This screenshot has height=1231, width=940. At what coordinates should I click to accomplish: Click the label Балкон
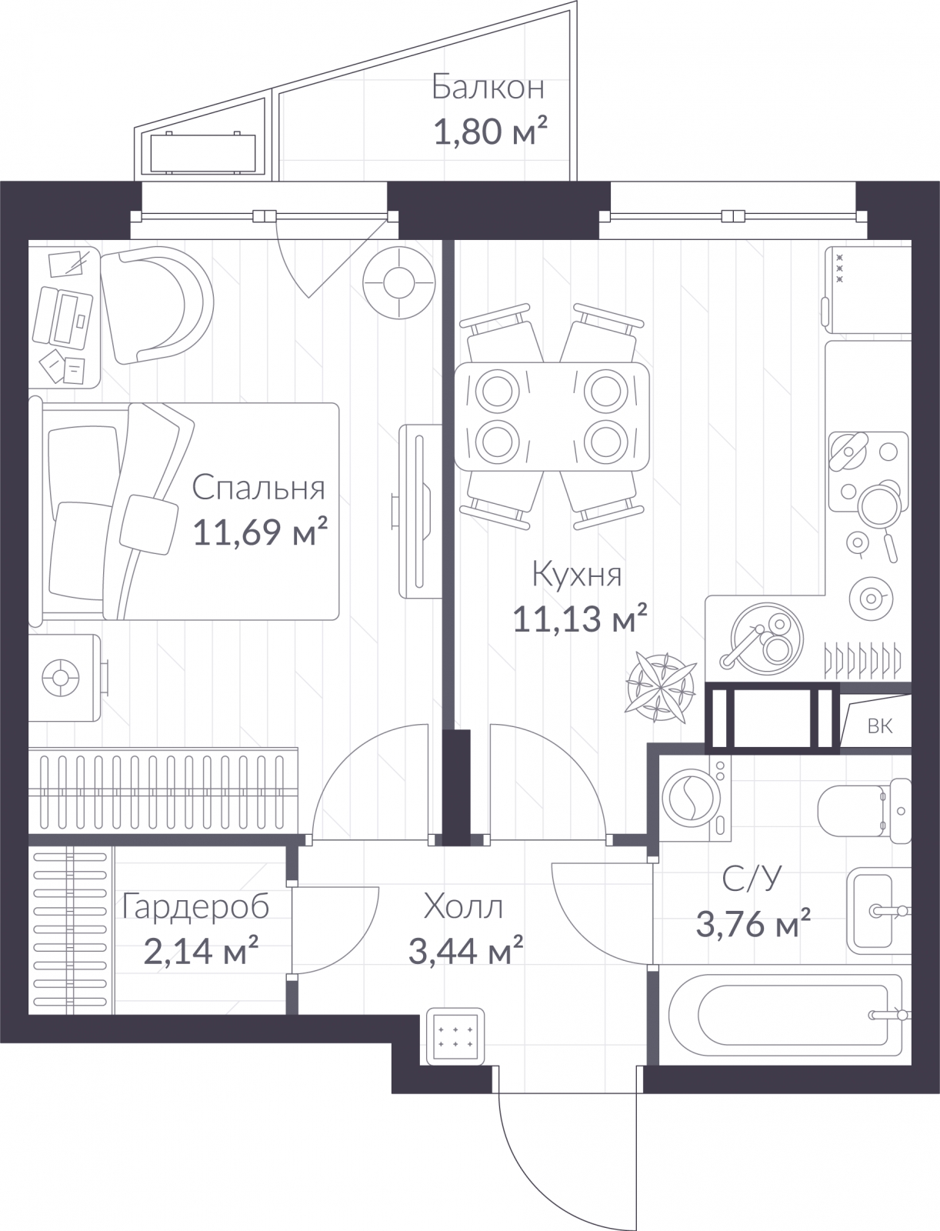click(x=488, y=88)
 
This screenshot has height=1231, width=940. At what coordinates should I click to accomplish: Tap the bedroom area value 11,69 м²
click(x=259, y=532)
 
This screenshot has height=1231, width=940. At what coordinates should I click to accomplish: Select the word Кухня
click(x=577, y=575)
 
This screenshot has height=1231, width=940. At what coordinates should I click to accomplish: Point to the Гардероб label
click(x=195, y=907)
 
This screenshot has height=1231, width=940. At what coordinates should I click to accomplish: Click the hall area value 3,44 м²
click(x=466, y=951)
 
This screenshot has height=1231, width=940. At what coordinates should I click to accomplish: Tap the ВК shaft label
click(x=879, y=726)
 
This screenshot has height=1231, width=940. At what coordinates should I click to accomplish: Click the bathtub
click(x=785, y=1014)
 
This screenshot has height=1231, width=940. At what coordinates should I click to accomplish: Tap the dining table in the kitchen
click(x=552, y=416)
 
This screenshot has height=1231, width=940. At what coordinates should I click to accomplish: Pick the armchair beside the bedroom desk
click(x=156, y=305)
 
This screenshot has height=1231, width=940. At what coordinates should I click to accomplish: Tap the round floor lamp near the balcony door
click(x=399, y=282)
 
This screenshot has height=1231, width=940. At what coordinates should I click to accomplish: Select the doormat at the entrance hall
click(x=455, y=1036)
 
